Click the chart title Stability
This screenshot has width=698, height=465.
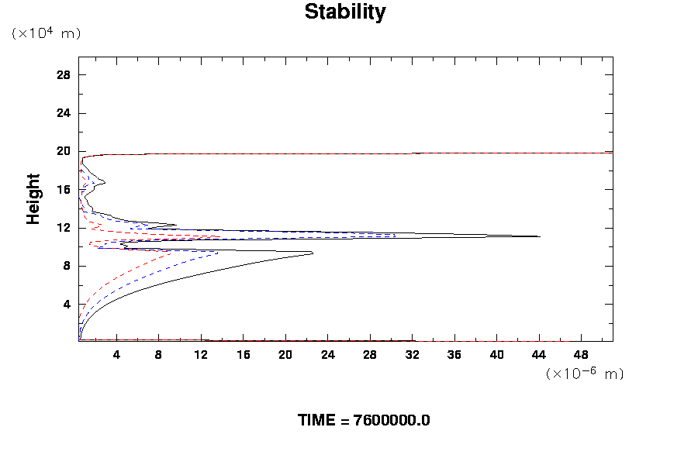click(x=344, y=12)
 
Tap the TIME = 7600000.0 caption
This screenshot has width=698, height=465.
click(x=364, y=420)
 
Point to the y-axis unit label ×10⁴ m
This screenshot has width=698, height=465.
click(x=47, y=33)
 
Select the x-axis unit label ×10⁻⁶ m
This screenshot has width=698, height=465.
click(x=585, y=374)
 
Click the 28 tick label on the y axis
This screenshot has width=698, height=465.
click(x=64, y=75)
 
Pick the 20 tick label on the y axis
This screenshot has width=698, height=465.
click(x=64, y=151)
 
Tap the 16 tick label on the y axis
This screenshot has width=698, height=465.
click(x=64, y=189)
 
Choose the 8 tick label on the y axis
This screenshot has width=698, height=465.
click(x=67, y=266)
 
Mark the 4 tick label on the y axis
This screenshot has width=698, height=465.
click(x=67, y=304)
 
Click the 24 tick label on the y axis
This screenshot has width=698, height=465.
click(x=64, y=113)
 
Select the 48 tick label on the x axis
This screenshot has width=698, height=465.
click(x=581, y=355)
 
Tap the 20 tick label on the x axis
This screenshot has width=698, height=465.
click(x=285, y=355)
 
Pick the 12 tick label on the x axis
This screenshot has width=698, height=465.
click(x=201, y=355)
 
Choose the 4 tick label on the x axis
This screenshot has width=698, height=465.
click(x=116, y=355)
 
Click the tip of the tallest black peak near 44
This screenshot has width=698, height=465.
click(x=540, y=236)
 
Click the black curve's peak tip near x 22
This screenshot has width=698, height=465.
click(x=313, y=253)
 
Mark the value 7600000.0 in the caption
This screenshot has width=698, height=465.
click(x=392, y=420)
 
